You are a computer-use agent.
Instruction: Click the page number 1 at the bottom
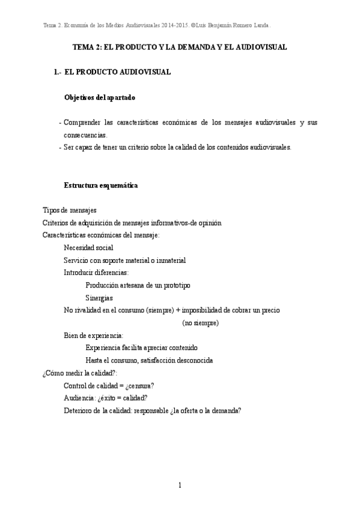(180, 485)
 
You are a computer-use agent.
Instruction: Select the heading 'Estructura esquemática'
(101, 185)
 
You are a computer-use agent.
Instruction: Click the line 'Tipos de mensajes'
(70, 210)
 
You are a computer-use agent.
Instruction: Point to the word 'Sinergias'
(99, 298)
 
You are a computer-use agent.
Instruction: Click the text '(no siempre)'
(200, 323)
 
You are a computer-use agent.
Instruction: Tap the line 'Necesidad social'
(88, 248)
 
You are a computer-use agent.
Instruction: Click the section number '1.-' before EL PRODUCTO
(58, 72)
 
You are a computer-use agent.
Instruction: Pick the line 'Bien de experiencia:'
(93, 335)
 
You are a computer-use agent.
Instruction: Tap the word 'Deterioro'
(78, 411)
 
